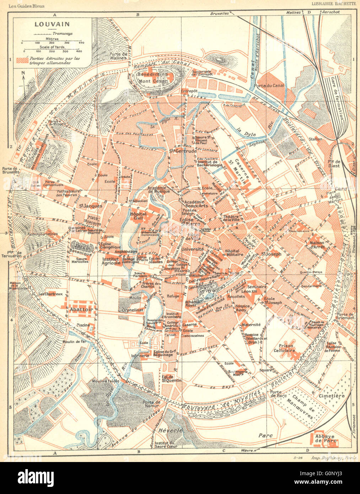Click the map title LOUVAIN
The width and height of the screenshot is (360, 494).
coord(47,25)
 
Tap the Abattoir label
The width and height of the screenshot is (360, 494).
coord(81,309)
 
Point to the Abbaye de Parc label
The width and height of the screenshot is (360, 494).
coord(323,439)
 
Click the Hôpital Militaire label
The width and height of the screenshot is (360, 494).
coord(234,252)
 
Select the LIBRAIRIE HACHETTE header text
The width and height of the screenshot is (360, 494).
coord(333,4)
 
